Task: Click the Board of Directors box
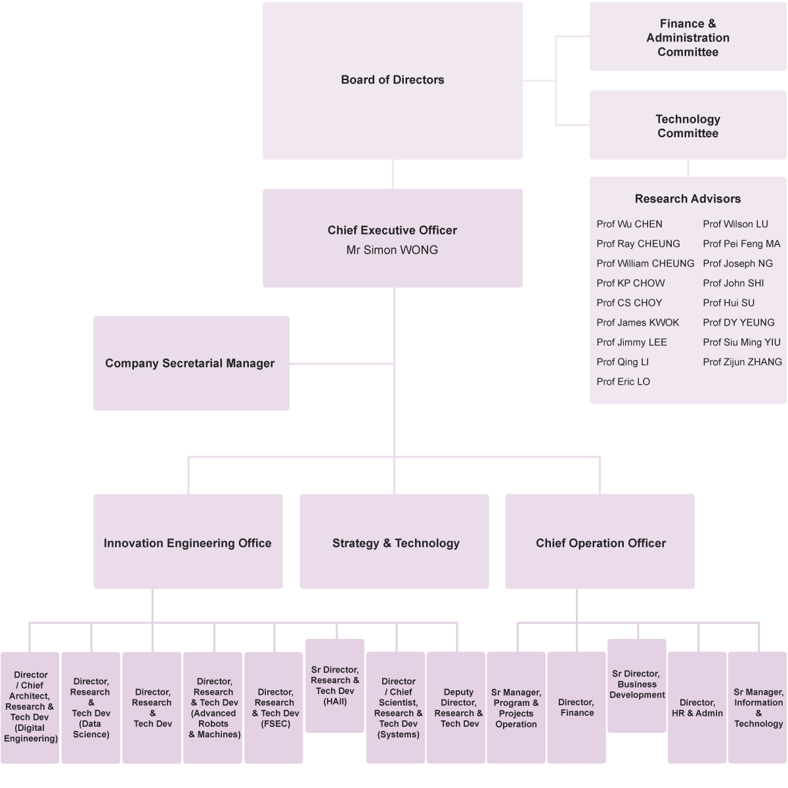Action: point(393,80)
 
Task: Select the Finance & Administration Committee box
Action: point(688,37)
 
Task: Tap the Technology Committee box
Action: point(688,125)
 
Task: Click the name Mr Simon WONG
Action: point(392,250)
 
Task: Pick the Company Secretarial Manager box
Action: point(190,363)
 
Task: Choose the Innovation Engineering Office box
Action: point(188,542)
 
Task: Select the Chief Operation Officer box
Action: point(600,542)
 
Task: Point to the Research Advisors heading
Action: point(688,199)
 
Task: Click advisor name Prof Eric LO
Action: point(623,382)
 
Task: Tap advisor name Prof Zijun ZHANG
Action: point(742,362)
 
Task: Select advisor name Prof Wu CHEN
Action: point(629,224)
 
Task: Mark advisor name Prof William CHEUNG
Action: point(645,263)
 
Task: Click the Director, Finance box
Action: point(577,707)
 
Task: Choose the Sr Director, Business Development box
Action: point(637,684)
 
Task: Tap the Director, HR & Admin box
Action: point(697,707)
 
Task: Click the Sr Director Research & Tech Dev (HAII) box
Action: point(335,685)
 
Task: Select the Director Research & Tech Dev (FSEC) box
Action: point(274,707)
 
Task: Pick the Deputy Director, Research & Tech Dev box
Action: point(458,707)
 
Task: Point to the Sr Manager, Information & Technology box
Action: point(758,707)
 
